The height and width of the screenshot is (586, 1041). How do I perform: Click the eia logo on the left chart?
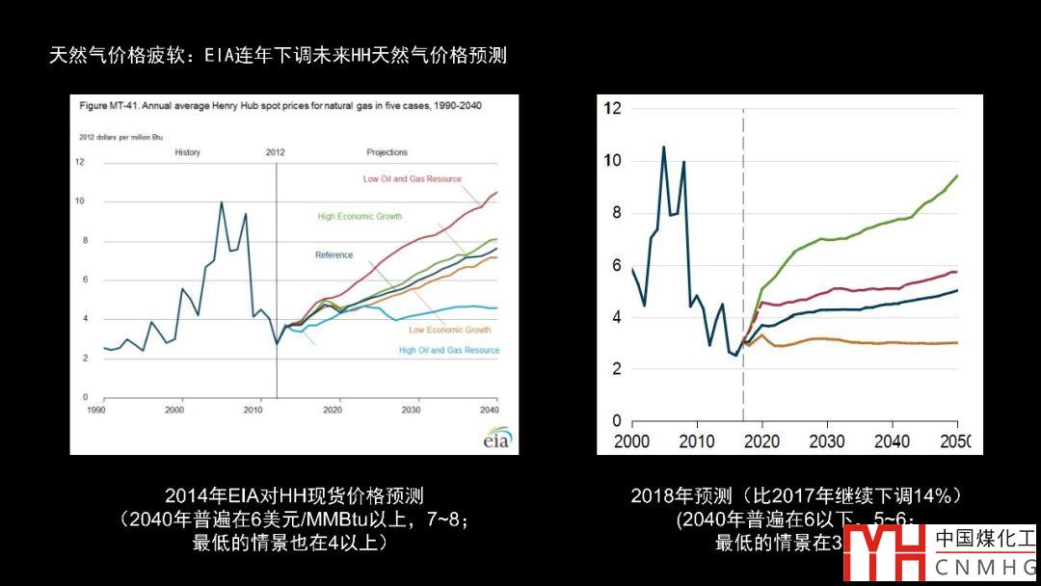tap(495, 439)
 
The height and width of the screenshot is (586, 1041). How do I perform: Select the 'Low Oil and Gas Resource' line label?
tap(412, 179)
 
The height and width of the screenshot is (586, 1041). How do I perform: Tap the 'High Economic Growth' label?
tap(360, 217)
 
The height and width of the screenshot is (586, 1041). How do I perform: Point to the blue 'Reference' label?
tap(334, 255)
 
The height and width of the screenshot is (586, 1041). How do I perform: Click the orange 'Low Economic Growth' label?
tap(449, 330)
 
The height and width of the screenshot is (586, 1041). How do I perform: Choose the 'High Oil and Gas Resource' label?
tap(449, 351)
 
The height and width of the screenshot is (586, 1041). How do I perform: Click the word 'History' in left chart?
tap(187, 152)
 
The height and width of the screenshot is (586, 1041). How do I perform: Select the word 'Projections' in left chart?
tap(387, 152)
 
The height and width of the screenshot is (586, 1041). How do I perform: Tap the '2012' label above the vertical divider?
tap(275, 152)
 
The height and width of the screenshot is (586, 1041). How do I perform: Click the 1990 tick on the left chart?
tap(96, 410)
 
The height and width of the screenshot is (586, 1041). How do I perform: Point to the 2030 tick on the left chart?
tap(412, 410)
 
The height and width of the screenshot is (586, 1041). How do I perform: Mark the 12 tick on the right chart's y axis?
tap(612, 107)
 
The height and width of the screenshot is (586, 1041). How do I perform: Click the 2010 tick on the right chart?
tap(697, 440)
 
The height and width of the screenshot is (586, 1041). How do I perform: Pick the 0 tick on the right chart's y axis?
tap(617, 421)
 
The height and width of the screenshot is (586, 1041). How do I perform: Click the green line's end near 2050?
tap(956, 175)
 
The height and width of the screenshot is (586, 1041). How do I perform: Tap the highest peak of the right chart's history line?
tap(663, 146)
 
